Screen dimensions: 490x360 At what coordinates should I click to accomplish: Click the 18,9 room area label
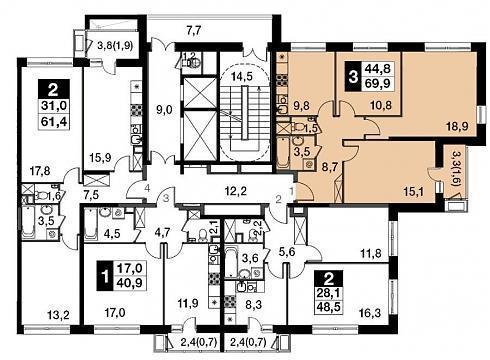[x=457, y=126]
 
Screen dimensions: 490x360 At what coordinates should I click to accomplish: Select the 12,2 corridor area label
[x=235, y=191]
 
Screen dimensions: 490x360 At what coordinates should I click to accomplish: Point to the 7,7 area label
[x=194, y=31]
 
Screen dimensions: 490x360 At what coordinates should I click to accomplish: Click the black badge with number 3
[x=353, y=78]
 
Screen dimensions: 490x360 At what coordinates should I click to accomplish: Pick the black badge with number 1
[x=105, y=276]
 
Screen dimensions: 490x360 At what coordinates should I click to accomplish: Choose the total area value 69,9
[x=377, y=83]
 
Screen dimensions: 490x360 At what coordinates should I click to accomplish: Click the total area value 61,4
[x=54, y=122]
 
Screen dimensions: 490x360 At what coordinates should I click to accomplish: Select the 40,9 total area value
[x=130, y=283]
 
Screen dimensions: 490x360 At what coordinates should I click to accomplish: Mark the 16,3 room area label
[x=369, y=313]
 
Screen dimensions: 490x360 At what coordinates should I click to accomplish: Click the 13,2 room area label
[x=58, y=315]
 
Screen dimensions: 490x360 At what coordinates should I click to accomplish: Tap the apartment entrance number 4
[x=147, y=188]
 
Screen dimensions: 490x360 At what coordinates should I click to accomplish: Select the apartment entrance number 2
[x=278, y=199]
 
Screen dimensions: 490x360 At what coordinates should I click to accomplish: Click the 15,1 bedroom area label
[x=412, y=192]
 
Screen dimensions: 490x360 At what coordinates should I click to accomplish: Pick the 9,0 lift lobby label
[x=164, y=109]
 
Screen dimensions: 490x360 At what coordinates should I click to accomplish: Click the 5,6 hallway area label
[x=287, y=252]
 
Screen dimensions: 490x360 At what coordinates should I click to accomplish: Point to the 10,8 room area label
[x=381, y=106]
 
